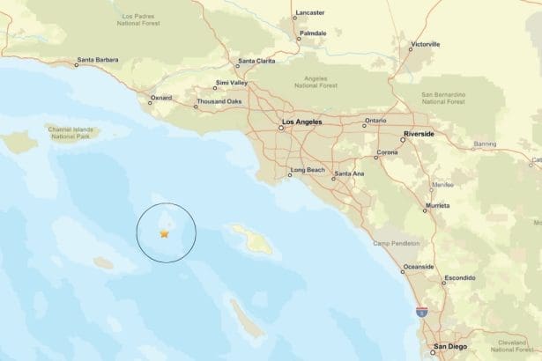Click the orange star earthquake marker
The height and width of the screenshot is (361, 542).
click(164, 233)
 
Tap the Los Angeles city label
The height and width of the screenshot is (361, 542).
click(301, 123)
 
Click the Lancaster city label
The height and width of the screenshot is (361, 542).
click(310, 13)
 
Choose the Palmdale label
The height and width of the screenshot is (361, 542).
click(312, 33)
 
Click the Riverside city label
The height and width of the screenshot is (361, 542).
click(419, 136)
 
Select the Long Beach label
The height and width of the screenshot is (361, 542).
click(308, 169)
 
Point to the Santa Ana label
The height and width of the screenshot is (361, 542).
click(349, 173)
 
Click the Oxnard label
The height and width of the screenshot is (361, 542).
click(161, 98)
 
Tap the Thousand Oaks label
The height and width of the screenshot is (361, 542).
click(219, 102)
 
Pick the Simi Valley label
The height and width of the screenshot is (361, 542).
click(232, 84)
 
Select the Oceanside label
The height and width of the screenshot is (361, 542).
click(417, 267)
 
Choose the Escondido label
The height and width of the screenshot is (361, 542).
click(458, 278)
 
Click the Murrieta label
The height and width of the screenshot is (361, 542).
click(437, 204)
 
